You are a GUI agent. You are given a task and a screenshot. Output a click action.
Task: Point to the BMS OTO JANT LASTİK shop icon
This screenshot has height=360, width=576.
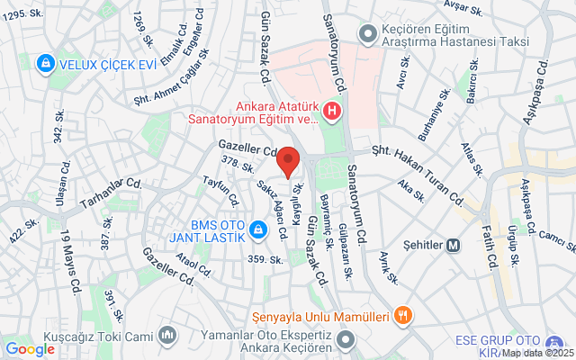(x=258, y=230)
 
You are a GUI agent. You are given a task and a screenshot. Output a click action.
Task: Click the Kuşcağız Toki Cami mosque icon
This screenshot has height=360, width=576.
(x=166, y=337)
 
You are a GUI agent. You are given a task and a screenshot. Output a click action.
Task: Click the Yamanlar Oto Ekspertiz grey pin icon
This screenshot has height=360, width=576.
(x=347, y=342)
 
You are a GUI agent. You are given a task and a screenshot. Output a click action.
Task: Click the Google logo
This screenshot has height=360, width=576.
(x=30, y=349)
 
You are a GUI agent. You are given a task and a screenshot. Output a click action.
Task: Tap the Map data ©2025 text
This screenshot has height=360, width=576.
(x=536, y=352)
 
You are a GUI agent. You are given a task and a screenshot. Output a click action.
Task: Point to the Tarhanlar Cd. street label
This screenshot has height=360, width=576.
(x=111, y=192)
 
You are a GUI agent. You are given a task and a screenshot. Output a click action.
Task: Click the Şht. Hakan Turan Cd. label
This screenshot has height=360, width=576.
(x=415, y=166)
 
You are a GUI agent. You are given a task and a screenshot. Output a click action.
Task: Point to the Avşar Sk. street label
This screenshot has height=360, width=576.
(x=470, y=6)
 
